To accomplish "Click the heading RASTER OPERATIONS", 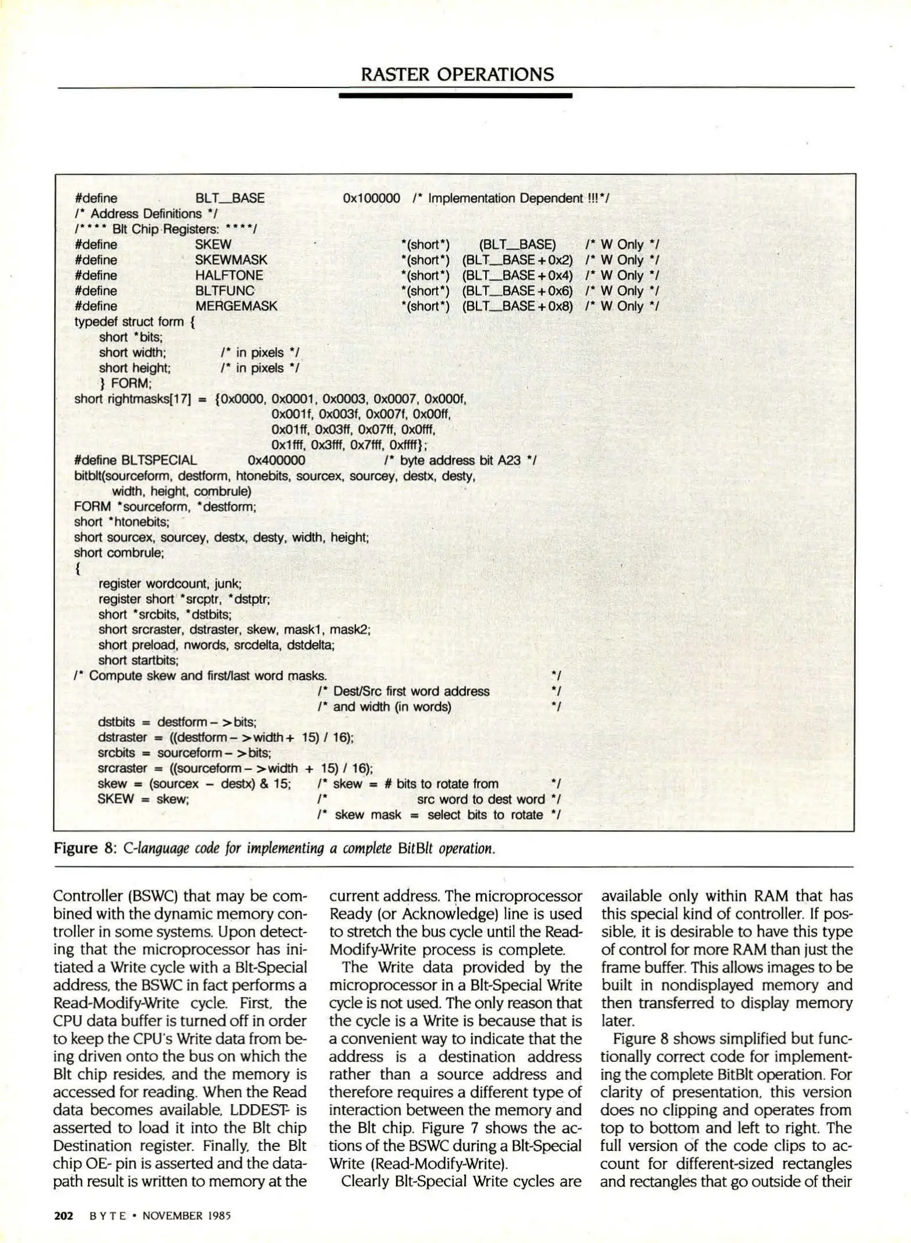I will (457, 74).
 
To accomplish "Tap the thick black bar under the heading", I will (455, 96).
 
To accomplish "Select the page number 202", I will (63, 1215).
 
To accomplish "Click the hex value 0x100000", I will (371, 199).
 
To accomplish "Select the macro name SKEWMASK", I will (231, 260).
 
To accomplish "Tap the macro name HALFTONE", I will (229, 276).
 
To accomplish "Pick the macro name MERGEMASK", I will (236, 306).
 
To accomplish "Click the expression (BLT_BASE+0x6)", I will (517, 291).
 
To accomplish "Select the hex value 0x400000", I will (276, 460).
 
